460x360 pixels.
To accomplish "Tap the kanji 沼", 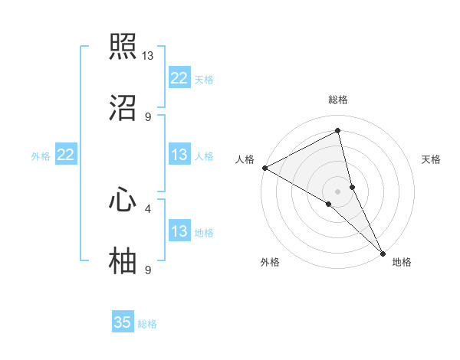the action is tap(123, 108).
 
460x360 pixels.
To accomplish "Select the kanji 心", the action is tap(123, 200).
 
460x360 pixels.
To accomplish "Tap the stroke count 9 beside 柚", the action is tap(148, 270).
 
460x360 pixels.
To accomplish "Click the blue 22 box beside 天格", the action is tap(179, 78).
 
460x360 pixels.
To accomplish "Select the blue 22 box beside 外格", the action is tap(66, 155).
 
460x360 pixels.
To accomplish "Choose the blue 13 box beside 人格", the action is tap(179, 155).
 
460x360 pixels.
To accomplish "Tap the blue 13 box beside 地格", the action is tap(179, 231).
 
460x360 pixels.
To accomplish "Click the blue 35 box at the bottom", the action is tap(123, 322).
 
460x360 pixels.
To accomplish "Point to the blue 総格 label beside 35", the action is tap(147, 324).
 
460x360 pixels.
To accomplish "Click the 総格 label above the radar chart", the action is tap(338, 100).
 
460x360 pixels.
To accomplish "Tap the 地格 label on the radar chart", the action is tap(402, 262).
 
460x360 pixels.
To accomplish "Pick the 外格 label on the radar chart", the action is tap(270, 262).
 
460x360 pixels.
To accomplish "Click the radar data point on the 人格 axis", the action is tap(264, 168).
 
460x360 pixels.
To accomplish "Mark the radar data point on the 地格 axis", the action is tap(383, 252).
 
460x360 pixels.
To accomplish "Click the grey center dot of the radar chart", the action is tap(338, 191).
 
